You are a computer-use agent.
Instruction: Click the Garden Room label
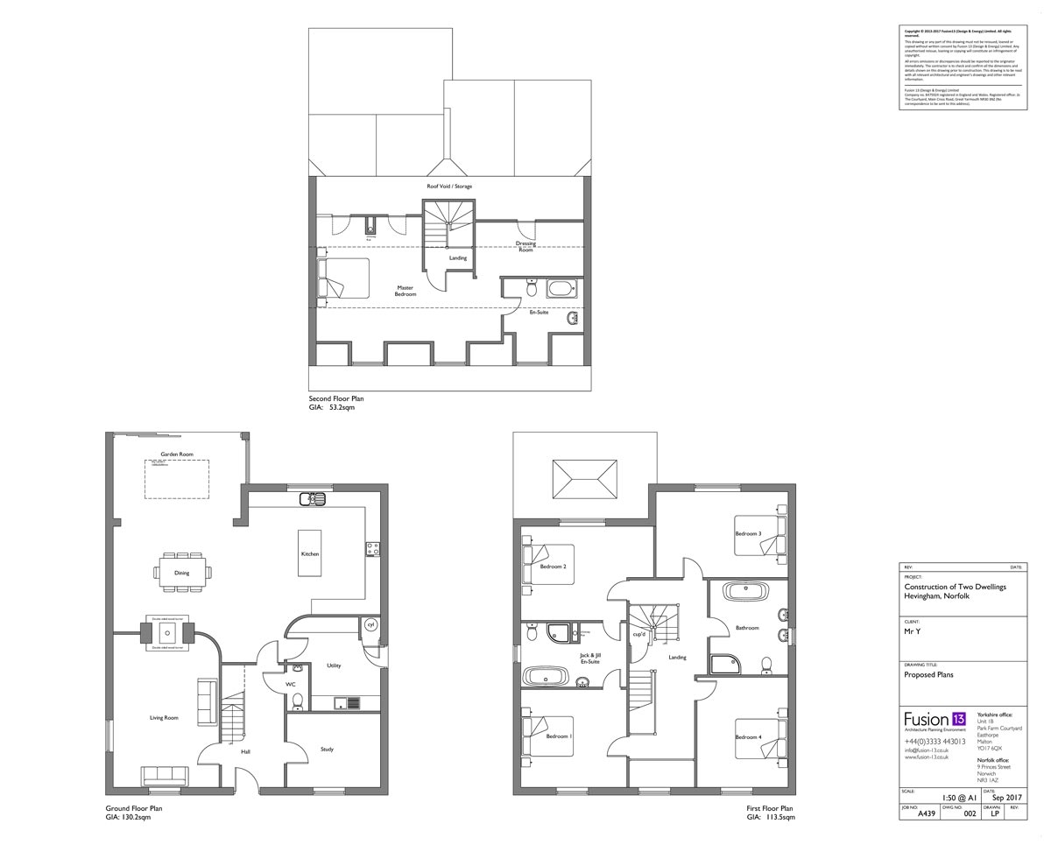tap(177, 454)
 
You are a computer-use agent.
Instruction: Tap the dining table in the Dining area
tap(182, 573)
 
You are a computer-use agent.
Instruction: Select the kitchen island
tap(310, 553)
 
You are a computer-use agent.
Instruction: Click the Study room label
tap(327, 750)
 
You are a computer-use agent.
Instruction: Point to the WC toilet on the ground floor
tap(297, 701)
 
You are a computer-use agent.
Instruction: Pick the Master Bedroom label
tap(405, 291)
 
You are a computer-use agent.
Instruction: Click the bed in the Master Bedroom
tap(342, 280)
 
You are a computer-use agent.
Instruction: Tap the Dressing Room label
tap(525, 246)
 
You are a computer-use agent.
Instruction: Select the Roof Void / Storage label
tap(449, 187)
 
